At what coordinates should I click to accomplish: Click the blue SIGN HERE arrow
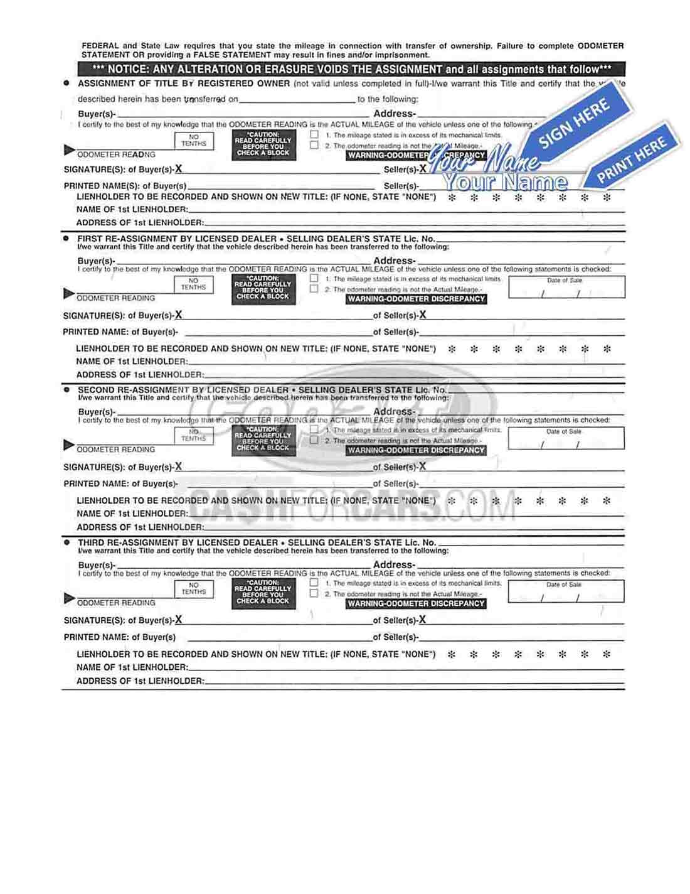pyautogui.click(x=575, y=125)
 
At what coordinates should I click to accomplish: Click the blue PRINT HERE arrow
pyautogui.click(x=630, y=162)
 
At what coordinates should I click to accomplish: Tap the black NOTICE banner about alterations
pyautogui.click(x=351, y=69)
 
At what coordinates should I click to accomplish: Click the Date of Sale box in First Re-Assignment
pyautogui.click(x=566, y=287)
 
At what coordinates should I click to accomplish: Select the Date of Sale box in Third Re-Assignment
pyautogui.click(x=566, y=591)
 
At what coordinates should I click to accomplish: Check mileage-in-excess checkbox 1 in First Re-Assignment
pyautogui.click(x=314, y=278)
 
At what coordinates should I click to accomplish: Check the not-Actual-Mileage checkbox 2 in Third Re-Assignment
pyautogui.click(x=314, y=593)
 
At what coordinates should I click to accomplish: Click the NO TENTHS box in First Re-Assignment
pyautogui.click(x=193, y=284)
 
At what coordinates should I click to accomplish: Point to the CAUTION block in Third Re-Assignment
pyautogui.click(x=263, y=592)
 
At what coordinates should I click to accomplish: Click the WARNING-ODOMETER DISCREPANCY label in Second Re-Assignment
pyautogui.click(x=416, y=450)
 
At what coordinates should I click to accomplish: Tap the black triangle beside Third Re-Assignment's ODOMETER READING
pyautogui.click(x=69, y=598)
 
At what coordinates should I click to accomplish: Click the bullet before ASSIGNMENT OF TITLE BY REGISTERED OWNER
pyautogui.click(x=66, y=83)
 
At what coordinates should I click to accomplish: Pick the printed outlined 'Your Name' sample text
pyautogui.click(x=505, y=183)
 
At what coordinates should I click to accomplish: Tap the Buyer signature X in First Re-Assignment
pyautogui.click(x=179, y=315)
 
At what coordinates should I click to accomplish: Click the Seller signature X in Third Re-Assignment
pyautogui.click(x=422, y=620)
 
